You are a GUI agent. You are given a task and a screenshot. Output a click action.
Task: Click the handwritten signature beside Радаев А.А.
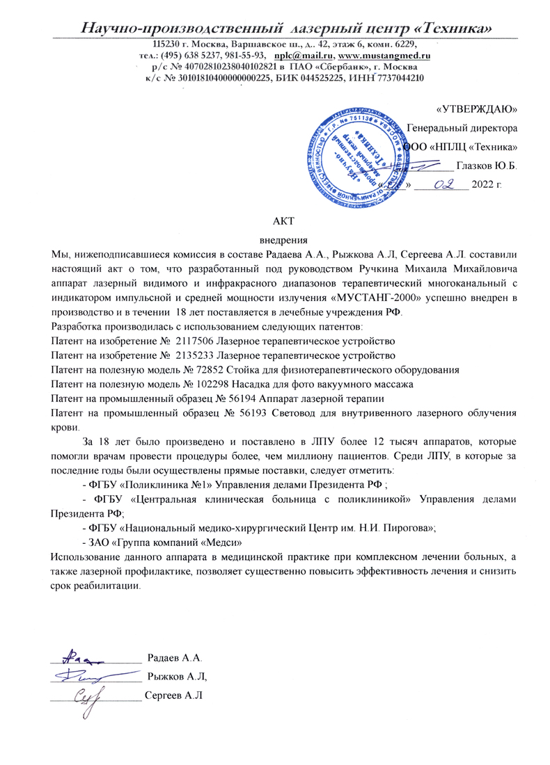point(82,655)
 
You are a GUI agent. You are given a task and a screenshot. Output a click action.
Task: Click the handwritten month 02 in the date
point(443,184)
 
